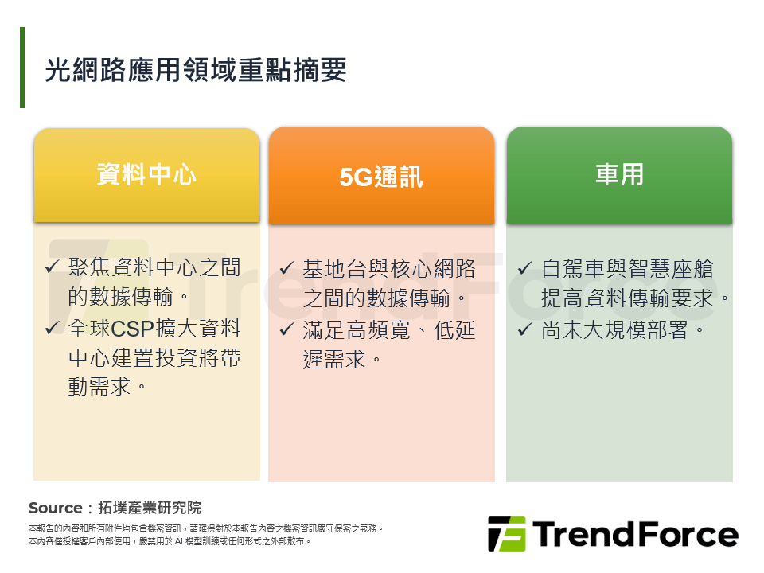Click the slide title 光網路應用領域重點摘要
coord(196,70)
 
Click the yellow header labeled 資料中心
coord(146,174)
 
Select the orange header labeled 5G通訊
coord(381,177)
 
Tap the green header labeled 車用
coord(619,174)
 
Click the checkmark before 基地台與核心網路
coord(287,267)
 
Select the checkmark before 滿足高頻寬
coord(287,329)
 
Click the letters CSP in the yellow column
coord(134,328)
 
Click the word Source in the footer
coord(55,508)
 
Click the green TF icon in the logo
coord(507,534)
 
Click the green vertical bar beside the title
coord(22,68)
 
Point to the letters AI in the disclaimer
coord(179,541)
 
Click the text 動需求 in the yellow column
coord(99,388)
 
